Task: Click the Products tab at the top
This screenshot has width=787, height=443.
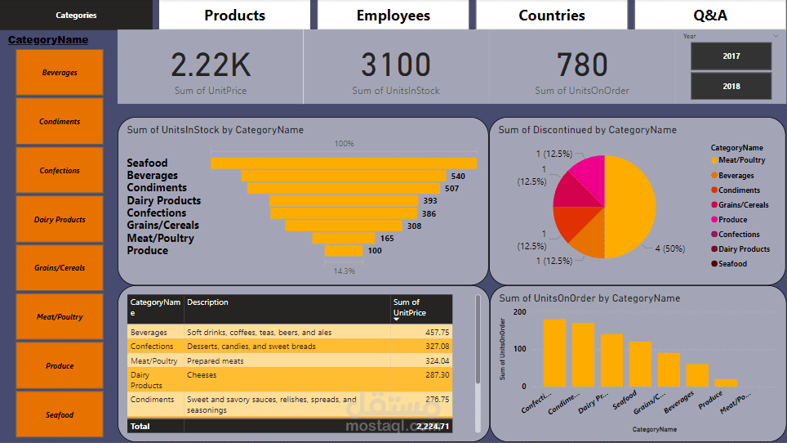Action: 234,16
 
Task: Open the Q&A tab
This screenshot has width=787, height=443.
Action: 710,16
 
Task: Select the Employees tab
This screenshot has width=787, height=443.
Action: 393,16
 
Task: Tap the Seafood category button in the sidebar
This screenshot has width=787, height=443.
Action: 60,414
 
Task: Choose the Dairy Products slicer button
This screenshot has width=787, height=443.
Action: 60,219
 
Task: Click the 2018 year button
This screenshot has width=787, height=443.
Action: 731,86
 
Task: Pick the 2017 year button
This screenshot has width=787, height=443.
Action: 731,56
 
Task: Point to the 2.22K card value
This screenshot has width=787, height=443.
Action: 211,65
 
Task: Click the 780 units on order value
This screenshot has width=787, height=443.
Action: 582,65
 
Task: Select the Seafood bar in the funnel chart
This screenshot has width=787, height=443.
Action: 343,163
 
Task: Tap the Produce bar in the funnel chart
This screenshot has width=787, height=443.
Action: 343,251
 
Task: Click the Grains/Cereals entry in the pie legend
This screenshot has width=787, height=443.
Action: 743,205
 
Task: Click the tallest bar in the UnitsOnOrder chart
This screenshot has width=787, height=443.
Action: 554,352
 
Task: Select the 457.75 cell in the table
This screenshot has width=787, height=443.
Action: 437,333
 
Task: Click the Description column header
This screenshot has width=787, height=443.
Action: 208,302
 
